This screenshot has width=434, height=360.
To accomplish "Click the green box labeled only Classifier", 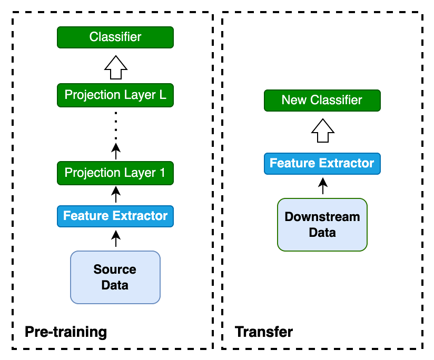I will [115, 37].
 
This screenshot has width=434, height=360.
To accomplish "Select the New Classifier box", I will [322, 101].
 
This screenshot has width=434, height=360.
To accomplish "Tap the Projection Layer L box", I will [115, 95].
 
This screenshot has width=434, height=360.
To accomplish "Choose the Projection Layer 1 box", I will [115, 173].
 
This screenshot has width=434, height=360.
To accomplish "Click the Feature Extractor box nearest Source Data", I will [115, 216].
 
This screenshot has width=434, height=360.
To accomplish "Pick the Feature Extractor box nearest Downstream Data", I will [322, 164].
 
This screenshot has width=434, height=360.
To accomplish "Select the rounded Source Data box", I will [115, 277].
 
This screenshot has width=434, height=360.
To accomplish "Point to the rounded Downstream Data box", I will [322, 225].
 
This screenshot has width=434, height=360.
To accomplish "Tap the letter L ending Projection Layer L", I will [162, 95].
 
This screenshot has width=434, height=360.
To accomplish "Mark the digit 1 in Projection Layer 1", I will [162, 173].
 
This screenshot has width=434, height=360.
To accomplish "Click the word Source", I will [115, 269].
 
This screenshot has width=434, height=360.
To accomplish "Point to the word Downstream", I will [322, 217].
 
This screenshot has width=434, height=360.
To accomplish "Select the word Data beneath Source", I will [115, 285].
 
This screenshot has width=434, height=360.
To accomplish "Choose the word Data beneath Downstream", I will [322, 233].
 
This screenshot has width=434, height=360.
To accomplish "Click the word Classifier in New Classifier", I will [336, 100].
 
